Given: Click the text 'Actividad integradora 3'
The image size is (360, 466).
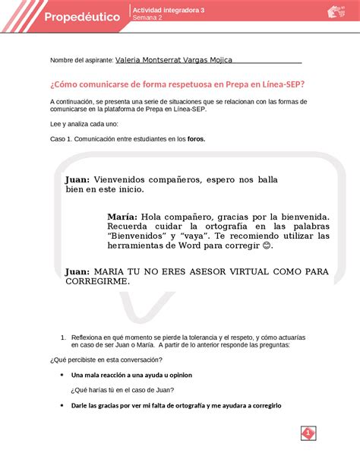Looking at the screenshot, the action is point(172,10).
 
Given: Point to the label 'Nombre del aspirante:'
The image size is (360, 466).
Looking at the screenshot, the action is point(81,59).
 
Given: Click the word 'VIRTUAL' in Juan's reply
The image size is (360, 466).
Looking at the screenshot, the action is point(229,271).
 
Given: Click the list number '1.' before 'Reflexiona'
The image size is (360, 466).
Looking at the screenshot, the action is point(62,335).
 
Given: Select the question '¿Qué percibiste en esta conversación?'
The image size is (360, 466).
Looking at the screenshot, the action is point(105,359).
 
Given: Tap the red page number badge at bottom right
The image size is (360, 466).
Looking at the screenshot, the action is point(309,433).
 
